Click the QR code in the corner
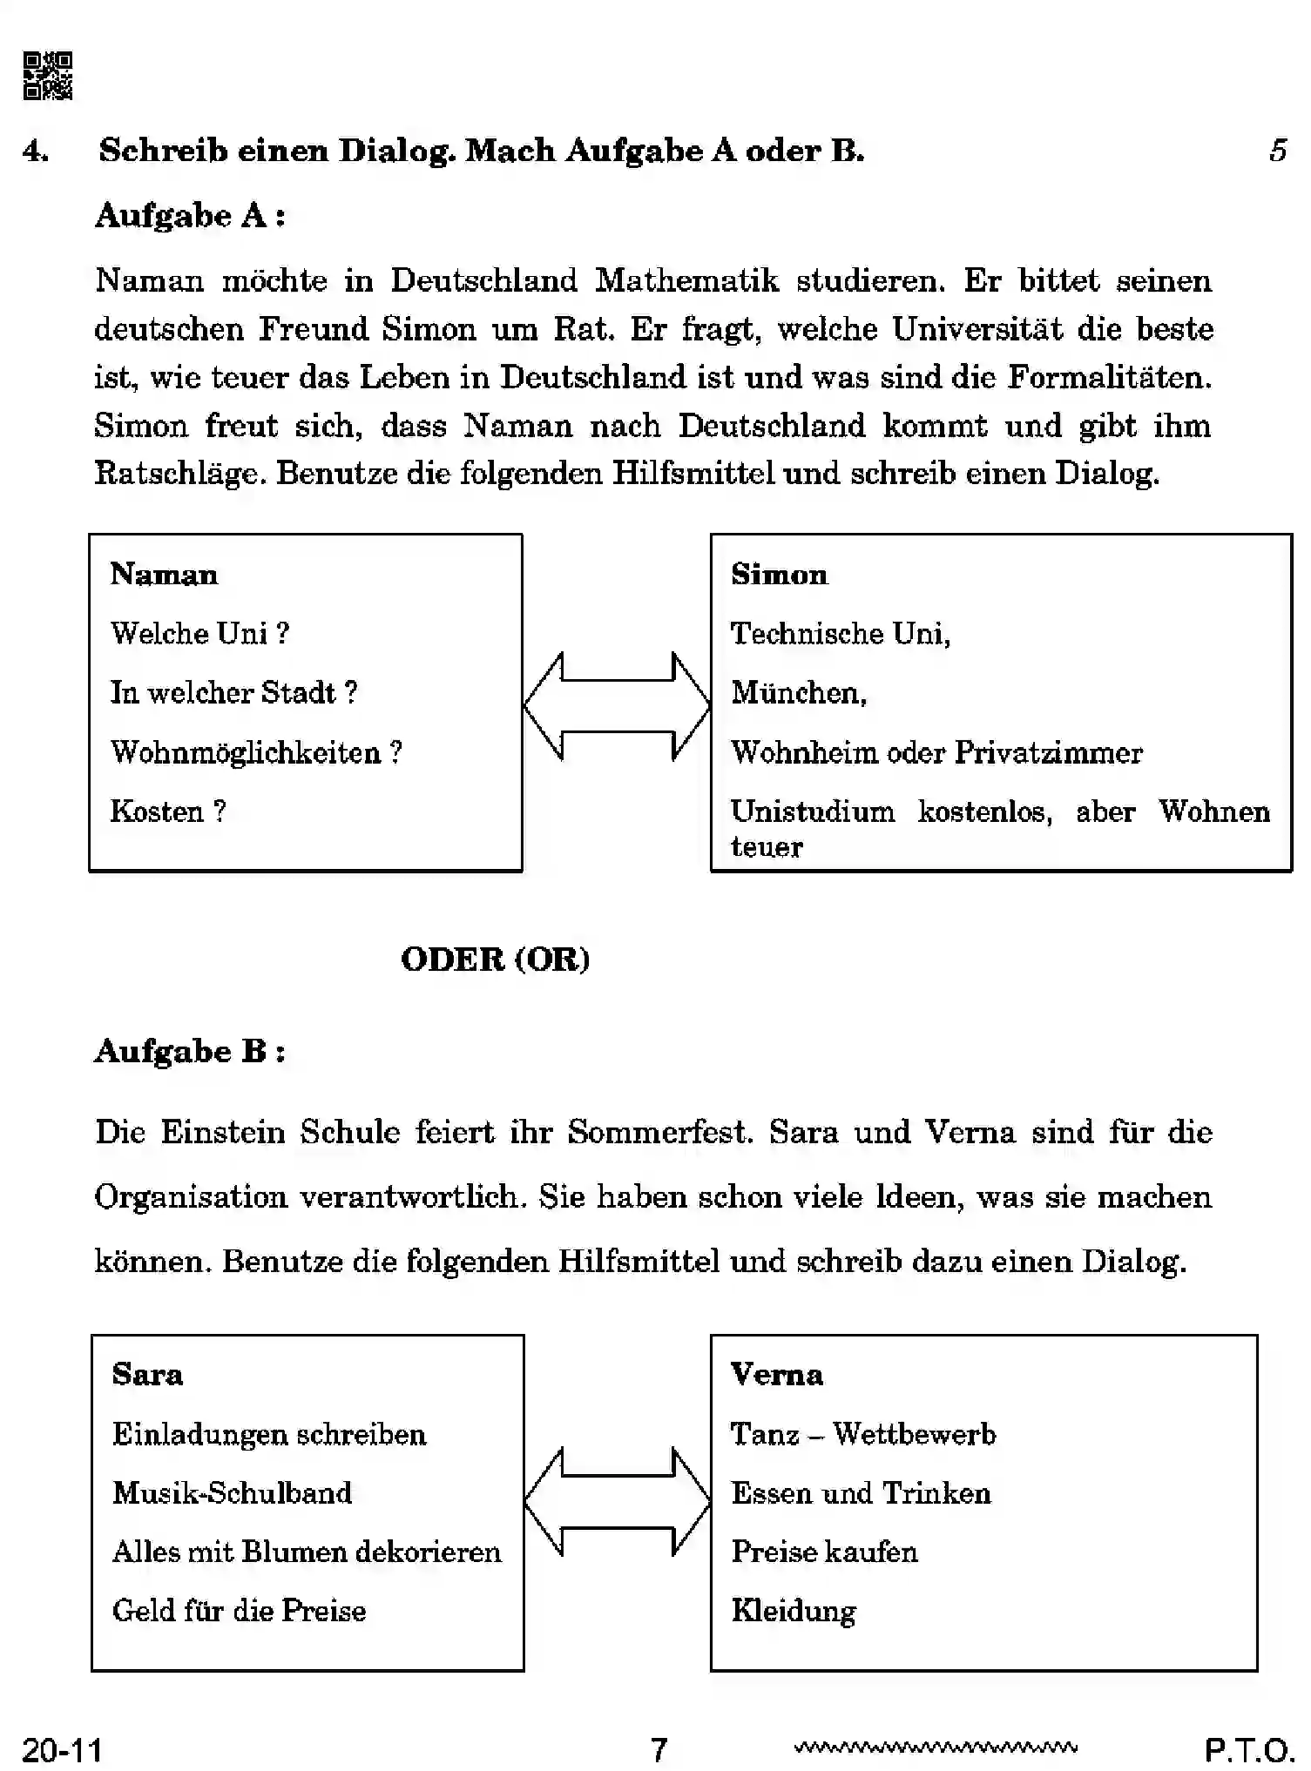[48, 76]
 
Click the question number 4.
[35, 151]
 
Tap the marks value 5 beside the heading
[1277, 151]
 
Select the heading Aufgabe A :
[189, 215]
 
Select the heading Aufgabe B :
[189, 1051]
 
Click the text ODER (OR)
[495, 959]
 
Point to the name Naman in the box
[164, 575]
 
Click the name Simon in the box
[779, 575]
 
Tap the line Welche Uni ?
[199, 633]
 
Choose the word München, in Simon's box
[798, 692]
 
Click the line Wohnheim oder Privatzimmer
[936, 752]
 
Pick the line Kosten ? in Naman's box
[167, 811]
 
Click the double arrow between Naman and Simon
[617, 706]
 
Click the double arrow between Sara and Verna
[617, 1502]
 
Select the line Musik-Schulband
[232, 1492]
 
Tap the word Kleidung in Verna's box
[793, 1611]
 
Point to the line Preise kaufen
[824, 1552]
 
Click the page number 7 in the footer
[659, 1749]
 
